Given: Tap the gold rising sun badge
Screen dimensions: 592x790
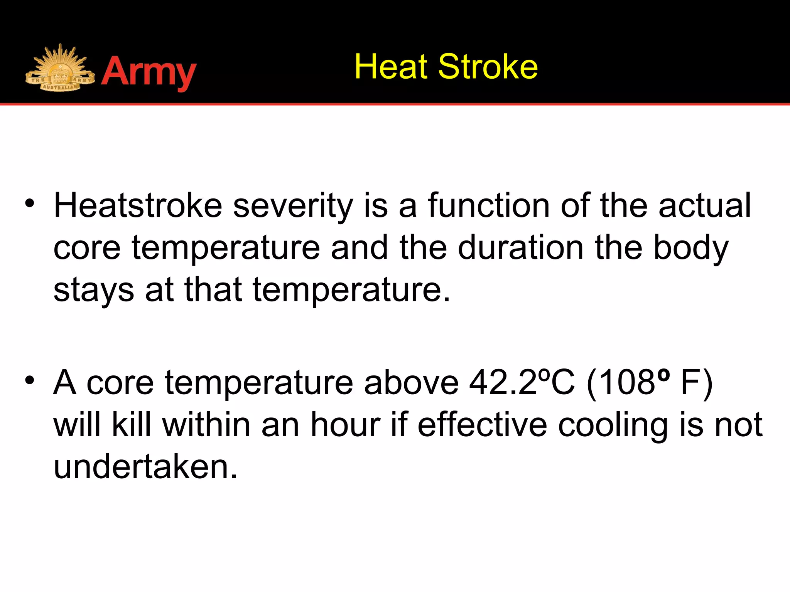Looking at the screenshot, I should point(60,69).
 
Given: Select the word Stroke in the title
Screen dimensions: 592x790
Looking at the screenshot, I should point(488,67).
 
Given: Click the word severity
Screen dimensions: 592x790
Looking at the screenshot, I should point(293,206).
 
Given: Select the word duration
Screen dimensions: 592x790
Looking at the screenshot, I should point(521,247).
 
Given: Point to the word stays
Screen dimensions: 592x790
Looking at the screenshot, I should point(94,290).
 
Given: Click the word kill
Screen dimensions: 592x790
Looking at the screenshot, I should point(132,425).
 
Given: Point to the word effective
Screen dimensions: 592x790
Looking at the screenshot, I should point(482,425).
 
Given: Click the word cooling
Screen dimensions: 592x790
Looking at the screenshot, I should point(613,425).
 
